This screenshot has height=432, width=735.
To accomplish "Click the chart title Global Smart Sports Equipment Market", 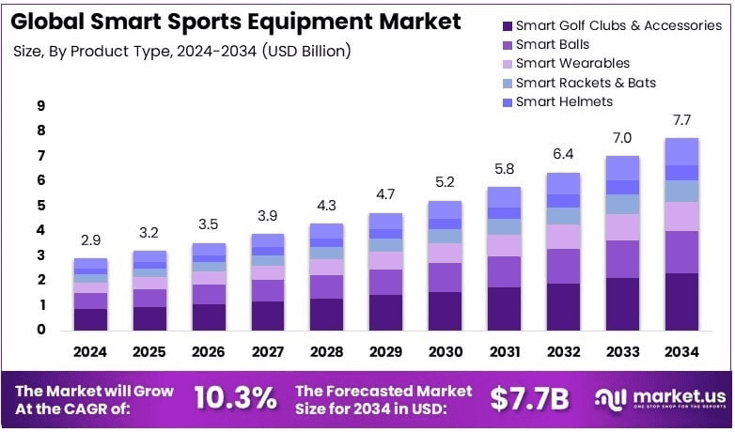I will click(236, 22).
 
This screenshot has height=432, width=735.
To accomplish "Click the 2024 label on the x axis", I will click(91, 353).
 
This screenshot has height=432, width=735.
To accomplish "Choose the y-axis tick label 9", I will click(41, 105).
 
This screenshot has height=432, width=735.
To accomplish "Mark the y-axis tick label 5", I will click(41, 205).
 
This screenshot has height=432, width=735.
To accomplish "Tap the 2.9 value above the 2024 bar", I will click(90, 239).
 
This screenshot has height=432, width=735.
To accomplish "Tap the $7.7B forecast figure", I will click(530, 398).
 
